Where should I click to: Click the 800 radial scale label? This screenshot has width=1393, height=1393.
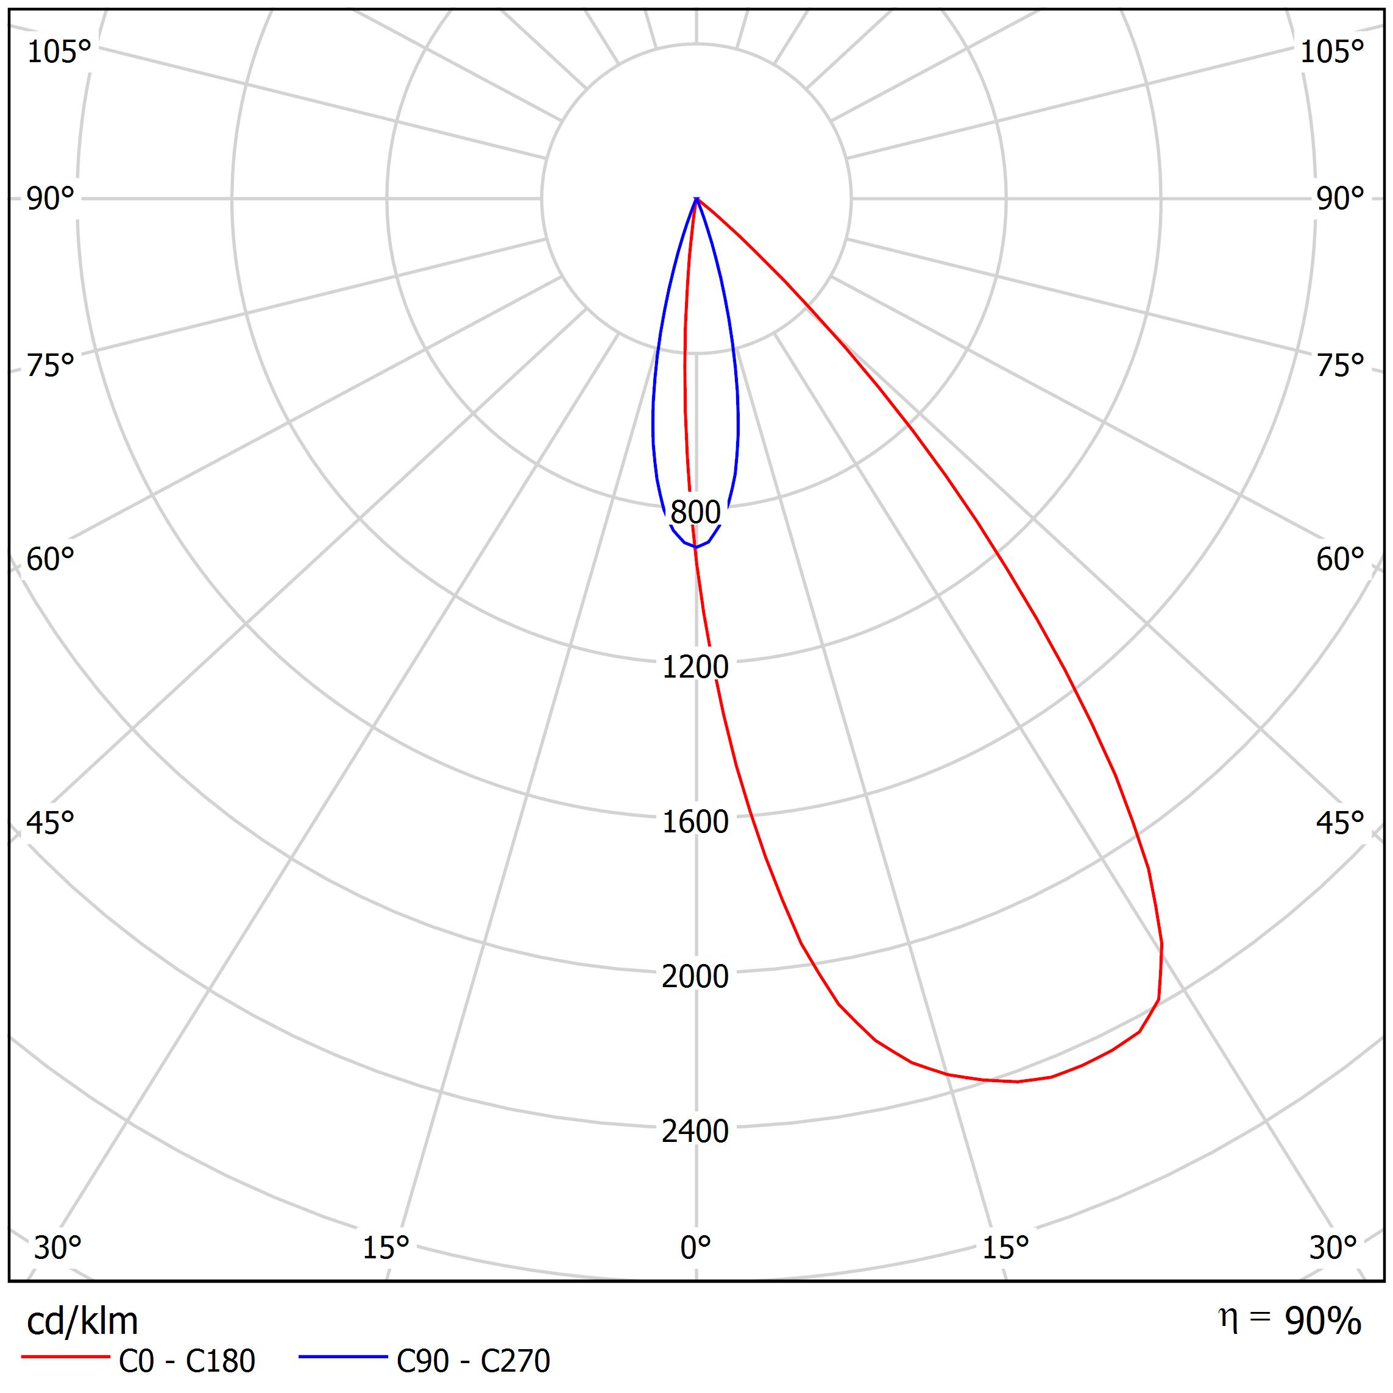click(695, 512)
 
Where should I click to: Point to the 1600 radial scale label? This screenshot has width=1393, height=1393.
click(695, 822)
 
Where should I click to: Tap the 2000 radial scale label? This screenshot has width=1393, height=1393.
click(695, 977)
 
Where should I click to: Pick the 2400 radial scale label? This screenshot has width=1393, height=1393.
click(695, 1131)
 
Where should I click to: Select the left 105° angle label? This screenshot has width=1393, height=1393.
click(59, 52)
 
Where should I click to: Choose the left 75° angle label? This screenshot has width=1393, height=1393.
click(51, 366)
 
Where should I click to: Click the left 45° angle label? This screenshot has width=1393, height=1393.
click(51, 823)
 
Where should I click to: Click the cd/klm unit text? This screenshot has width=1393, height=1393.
click(82, 1322)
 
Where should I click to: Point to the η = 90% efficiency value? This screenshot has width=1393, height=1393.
click(1290, 1321)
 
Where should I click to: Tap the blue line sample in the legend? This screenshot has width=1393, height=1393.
click(343, 1357)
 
